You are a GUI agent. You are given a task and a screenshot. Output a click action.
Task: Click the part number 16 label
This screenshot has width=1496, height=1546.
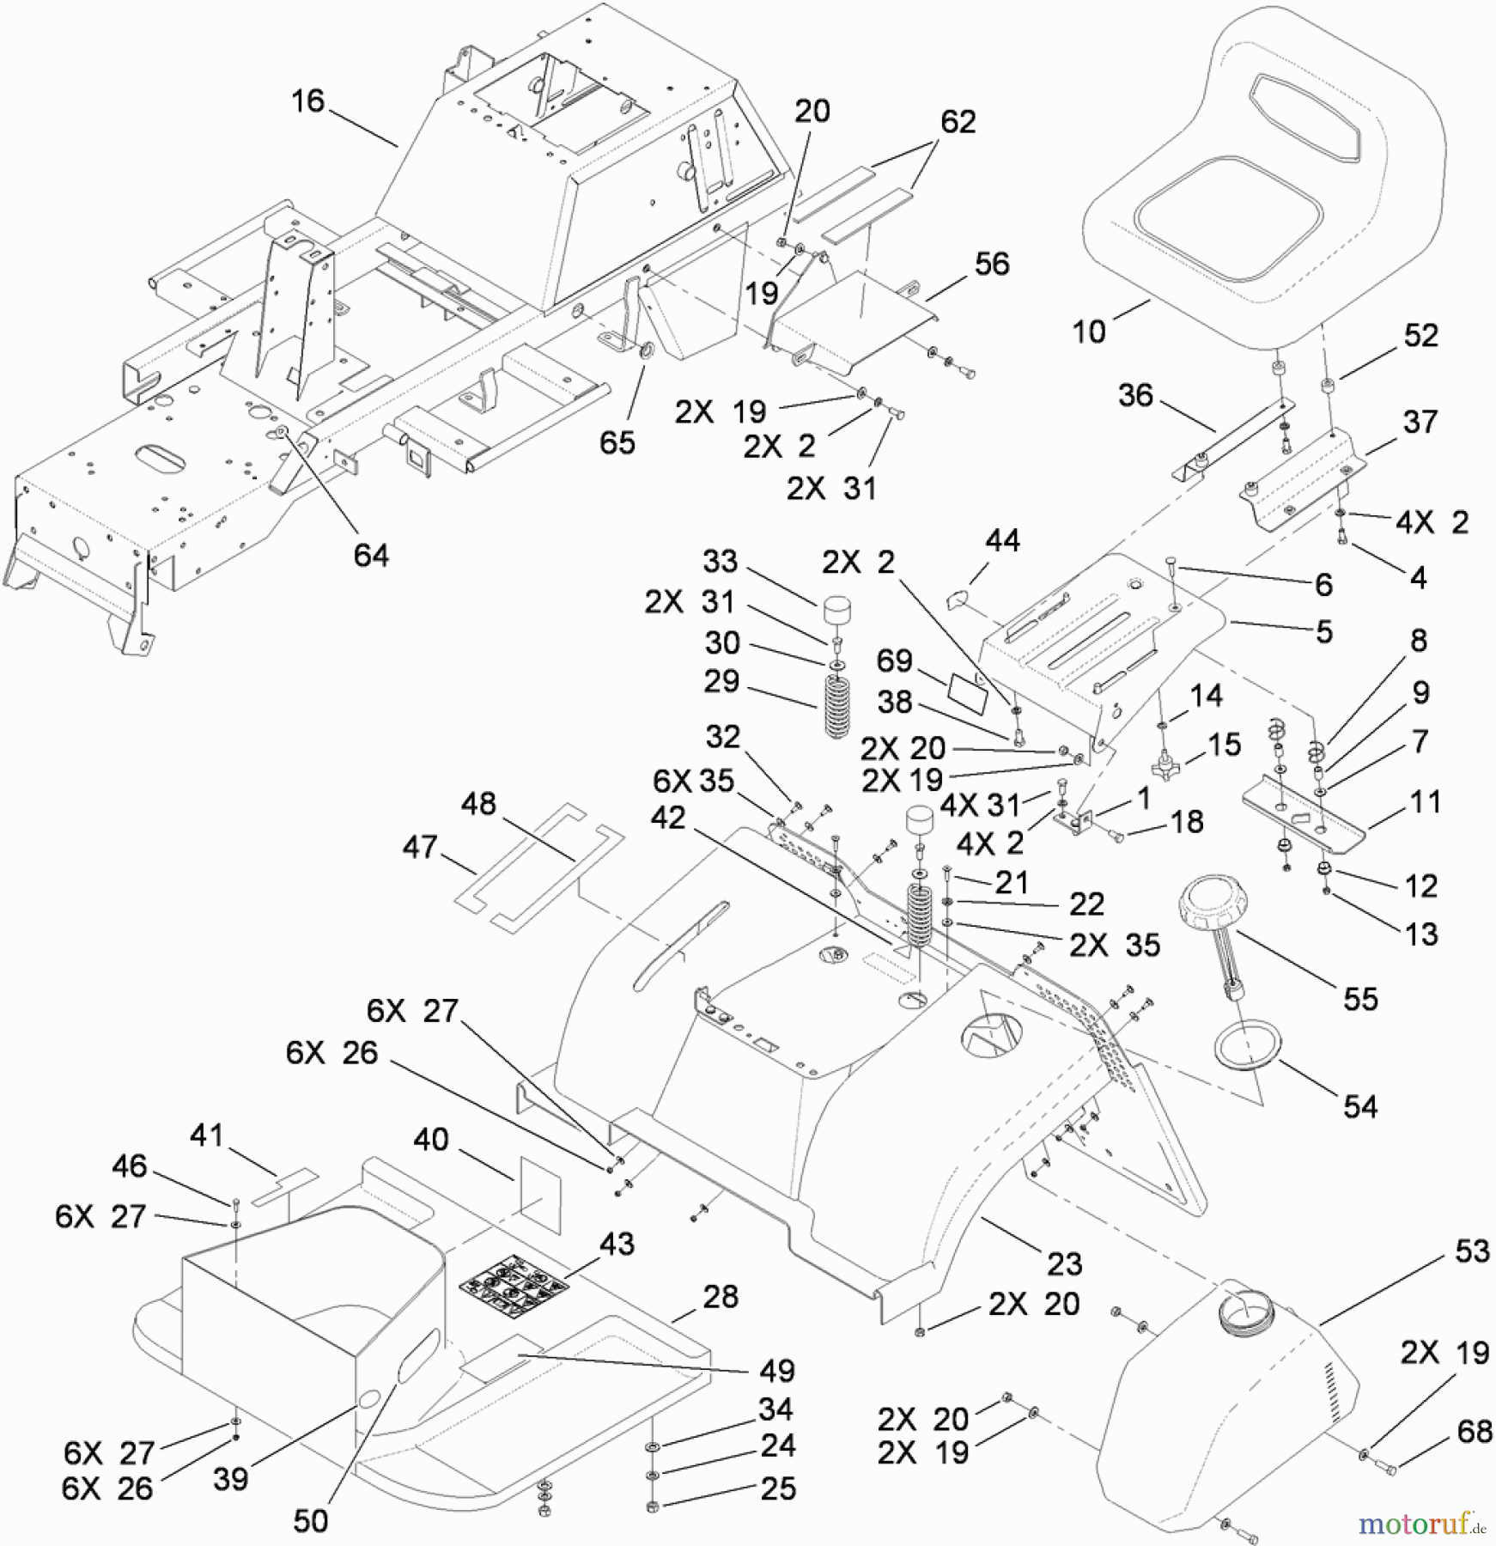click(x=307, y=101)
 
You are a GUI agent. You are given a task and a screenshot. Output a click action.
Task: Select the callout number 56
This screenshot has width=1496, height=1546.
click(x=992, y=264)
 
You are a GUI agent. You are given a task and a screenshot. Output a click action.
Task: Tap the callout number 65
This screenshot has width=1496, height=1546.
click(x=617, y=442)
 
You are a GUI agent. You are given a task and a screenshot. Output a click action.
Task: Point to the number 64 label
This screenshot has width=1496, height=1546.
click(x=371, y=555)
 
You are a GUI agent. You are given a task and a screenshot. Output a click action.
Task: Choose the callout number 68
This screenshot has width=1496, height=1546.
click(x=1475, y=1431)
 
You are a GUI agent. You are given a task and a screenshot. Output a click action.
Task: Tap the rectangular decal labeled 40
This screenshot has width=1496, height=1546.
click(x=539, y=1189)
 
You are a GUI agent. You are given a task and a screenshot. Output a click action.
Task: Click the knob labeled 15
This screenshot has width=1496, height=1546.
click(x=1165, y=763)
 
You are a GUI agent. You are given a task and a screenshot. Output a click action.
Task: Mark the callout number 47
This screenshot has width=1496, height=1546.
click(x=420, y=848)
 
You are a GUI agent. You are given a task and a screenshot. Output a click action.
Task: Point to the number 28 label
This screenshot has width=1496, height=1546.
click(x=720, y=1297)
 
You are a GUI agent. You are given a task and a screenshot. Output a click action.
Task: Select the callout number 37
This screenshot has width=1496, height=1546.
click(x=1420, y=422)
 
